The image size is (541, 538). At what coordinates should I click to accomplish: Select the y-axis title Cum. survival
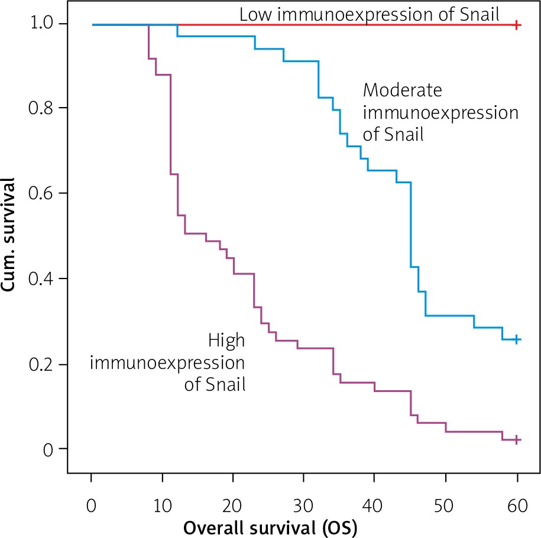[12, 236]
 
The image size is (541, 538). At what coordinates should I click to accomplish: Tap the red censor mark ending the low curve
[517, 25]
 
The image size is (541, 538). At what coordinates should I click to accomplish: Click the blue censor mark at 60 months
[517, 339]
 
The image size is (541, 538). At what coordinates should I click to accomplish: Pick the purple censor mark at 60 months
[517, 440]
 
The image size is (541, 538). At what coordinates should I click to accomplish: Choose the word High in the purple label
[226, 341]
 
